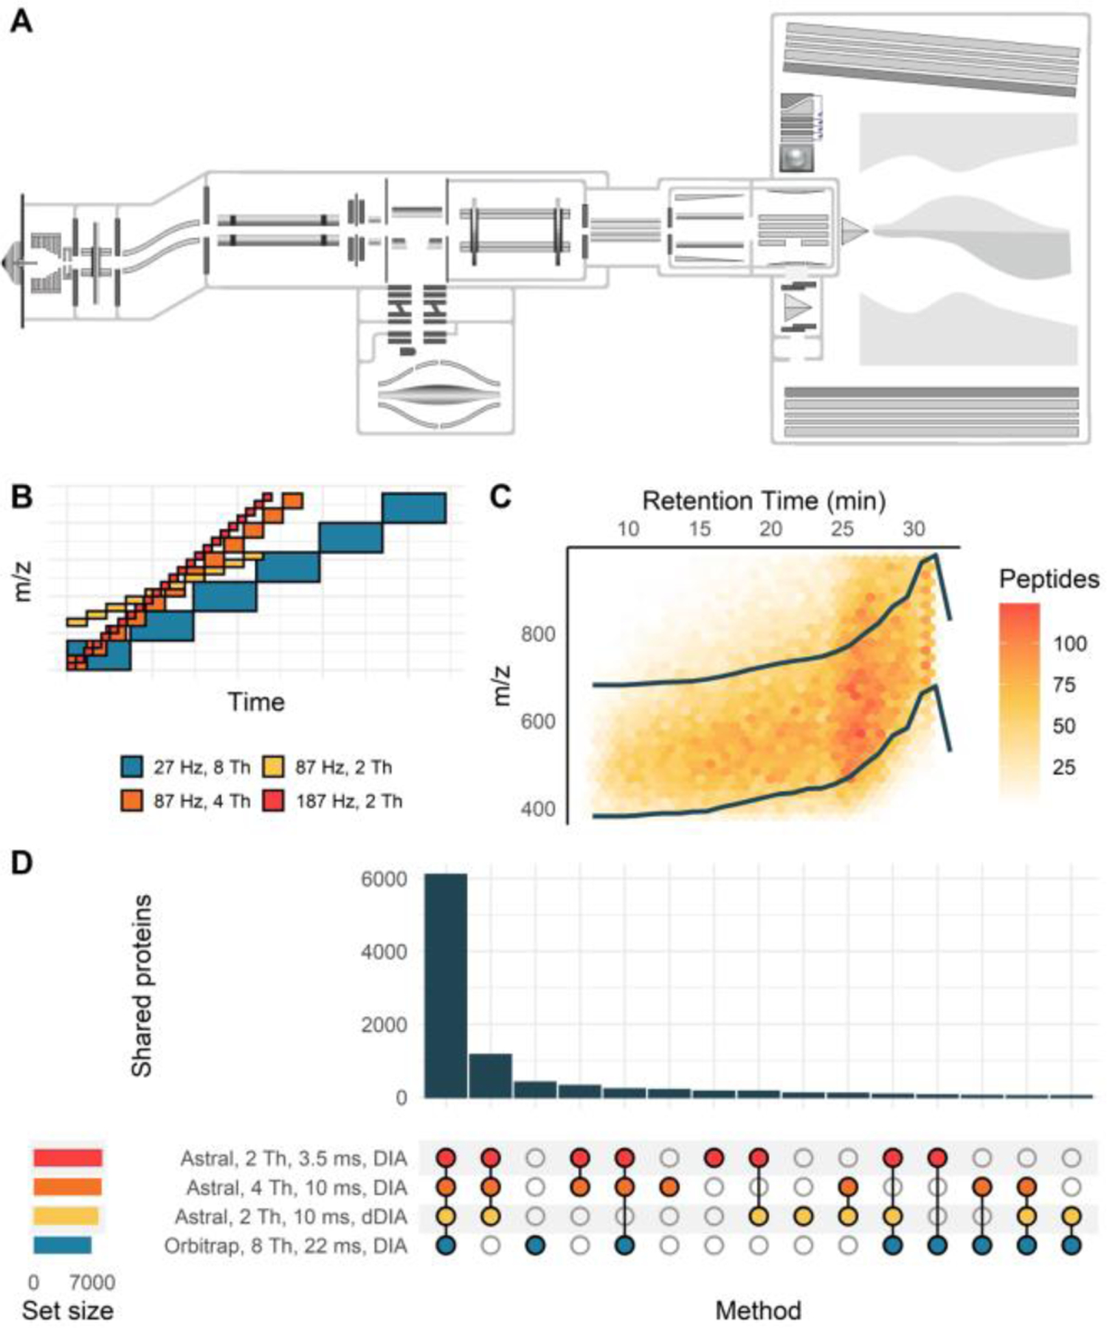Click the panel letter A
(x=21, y=22)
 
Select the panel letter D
(x=21, y=862)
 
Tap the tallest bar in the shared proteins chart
(x=445, y=985)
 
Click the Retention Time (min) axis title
(x=763, y=501)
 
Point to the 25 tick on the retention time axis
(x=842, y=529)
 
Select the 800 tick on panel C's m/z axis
(x=538, y=634)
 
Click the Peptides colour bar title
(x=1049, y=579)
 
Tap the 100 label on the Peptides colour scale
(x=1069, y=643)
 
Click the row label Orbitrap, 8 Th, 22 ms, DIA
(x=286, y=1245)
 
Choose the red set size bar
(x=67, y=1158)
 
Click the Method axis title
(x=758, y=1310)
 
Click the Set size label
(x=67, y=1310)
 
